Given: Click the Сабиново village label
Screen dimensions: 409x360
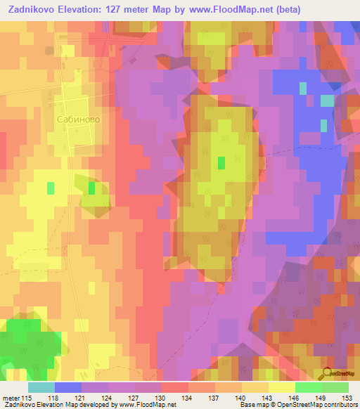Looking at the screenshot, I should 77,119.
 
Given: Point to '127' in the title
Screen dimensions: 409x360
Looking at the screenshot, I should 134,10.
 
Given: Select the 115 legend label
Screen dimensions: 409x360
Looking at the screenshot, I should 27,396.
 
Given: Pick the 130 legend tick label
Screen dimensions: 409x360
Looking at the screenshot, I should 162,396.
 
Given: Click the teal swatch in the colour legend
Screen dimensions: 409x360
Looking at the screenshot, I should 41,387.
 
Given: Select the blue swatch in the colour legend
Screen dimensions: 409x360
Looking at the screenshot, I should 68,387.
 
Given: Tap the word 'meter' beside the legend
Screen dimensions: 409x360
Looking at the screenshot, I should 11,396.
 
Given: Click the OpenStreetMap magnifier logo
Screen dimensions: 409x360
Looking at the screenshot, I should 330,375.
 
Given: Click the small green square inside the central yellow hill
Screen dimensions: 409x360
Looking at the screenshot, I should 221,163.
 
